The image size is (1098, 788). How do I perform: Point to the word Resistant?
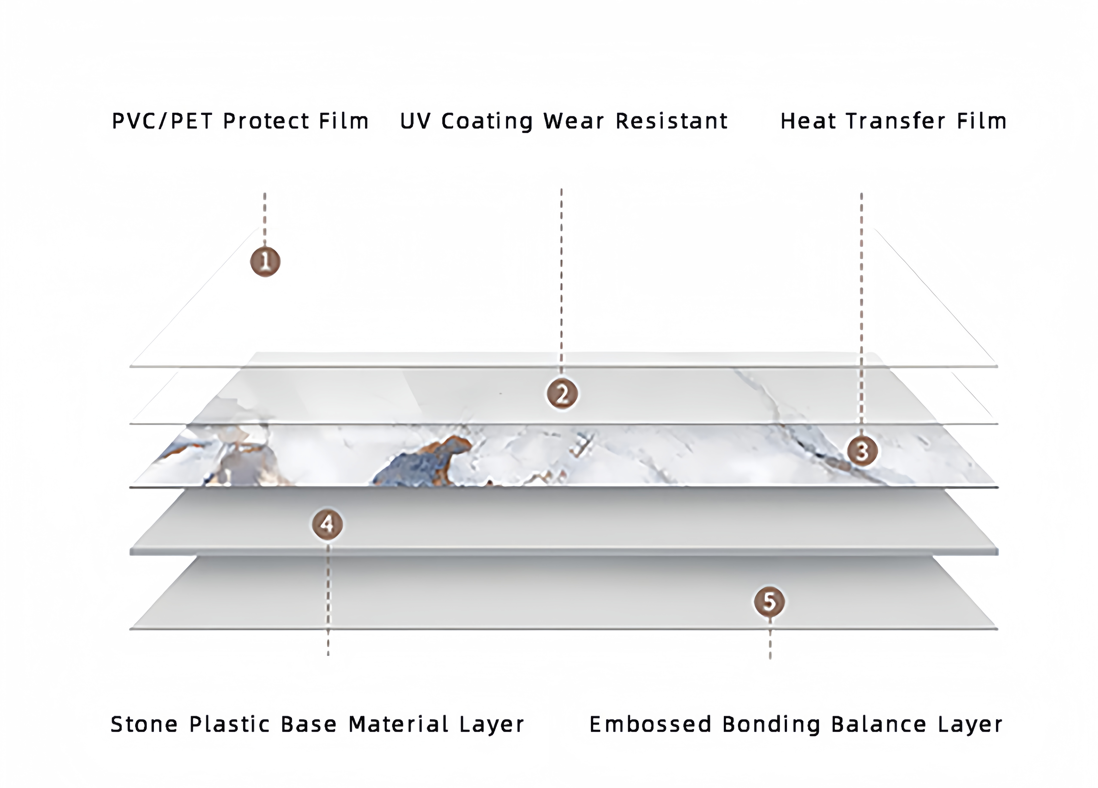671,121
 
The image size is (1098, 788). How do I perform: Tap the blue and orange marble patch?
421,460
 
